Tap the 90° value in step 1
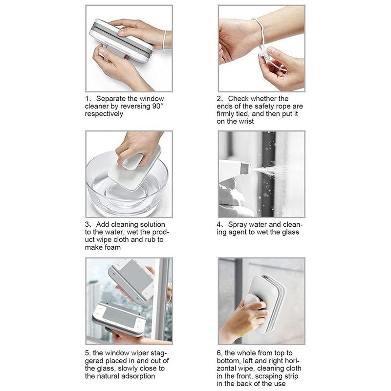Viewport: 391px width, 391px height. (157, 106)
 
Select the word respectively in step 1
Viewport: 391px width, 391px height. (104, 114)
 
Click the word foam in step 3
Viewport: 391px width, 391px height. (112, 247)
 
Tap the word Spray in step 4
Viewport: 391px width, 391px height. (237, 225)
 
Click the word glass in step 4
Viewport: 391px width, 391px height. (290, 233)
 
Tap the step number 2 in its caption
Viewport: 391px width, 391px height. (218, 99)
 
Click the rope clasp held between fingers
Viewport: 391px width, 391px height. (266, 57)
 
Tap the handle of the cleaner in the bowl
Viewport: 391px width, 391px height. (132, 162)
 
